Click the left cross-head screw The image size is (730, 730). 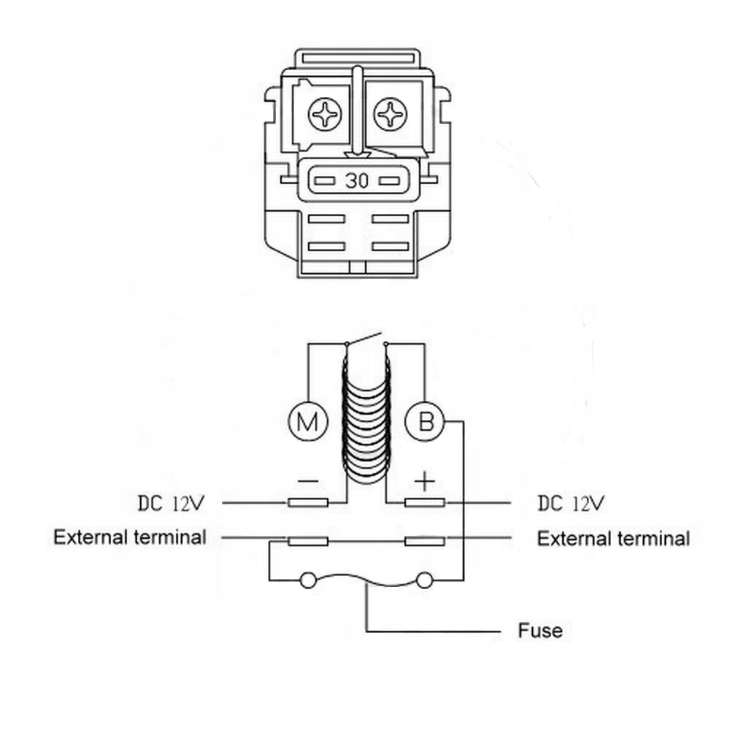(325, 114)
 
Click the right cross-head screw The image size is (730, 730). (390, 114)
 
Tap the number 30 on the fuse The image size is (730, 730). (357, 180)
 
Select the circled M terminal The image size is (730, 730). (308, 421)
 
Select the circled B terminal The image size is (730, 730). (425, 421)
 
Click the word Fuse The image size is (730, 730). (540, 631)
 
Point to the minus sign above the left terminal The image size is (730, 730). (308, 481)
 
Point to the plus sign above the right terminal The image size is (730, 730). (425, 481)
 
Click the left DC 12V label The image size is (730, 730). (171, 503)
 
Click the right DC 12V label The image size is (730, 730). (572, 503)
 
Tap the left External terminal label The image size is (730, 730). (130, 537)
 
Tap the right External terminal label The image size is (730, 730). (614, 539)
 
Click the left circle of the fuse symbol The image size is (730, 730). (308, 580)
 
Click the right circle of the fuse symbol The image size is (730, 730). (424, 580)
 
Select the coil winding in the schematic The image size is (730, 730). (366, 419)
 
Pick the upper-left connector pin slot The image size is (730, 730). (326, 219)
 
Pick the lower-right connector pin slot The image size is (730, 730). (390, 246)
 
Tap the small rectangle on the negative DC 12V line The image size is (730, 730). (308, 503)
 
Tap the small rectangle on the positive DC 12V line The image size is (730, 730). (425, 503)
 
